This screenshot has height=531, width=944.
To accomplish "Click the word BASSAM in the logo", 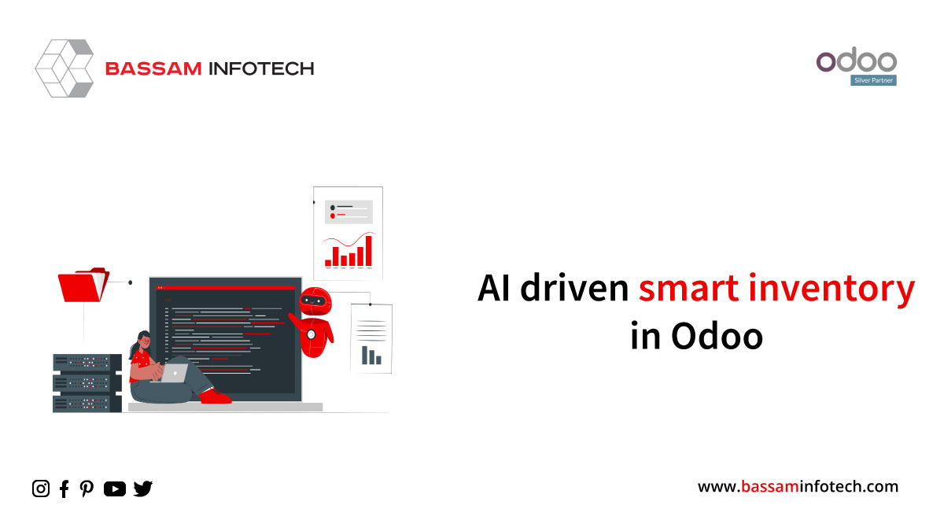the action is [153, 68].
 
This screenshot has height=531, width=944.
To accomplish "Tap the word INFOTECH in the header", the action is [262, 68].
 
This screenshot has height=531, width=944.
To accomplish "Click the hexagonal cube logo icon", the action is [65, 68].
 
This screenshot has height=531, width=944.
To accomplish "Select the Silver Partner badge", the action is [873, 80].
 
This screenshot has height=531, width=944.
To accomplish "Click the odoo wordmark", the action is [857, 60].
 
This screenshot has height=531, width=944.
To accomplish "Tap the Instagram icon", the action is [41, 489].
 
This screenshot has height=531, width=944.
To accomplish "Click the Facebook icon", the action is [64, 489].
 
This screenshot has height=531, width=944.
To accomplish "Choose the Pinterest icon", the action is [87, 489].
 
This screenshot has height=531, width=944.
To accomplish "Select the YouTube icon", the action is [115, 489].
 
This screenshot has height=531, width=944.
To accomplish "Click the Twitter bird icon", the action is [143, 489].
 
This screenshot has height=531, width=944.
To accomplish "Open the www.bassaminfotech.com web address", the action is [798, 487].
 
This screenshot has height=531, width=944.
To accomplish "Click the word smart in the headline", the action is [688, 289].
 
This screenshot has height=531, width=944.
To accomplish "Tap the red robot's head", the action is [315, 301].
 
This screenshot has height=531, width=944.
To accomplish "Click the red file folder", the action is [83, 285].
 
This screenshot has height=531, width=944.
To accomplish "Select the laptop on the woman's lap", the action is [175, 374].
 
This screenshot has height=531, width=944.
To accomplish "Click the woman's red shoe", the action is [216, 396].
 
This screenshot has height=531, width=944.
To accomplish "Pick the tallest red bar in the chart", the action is [368, 251].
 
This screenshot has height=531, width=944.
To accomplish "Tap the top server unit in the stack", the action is [87, 363].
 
